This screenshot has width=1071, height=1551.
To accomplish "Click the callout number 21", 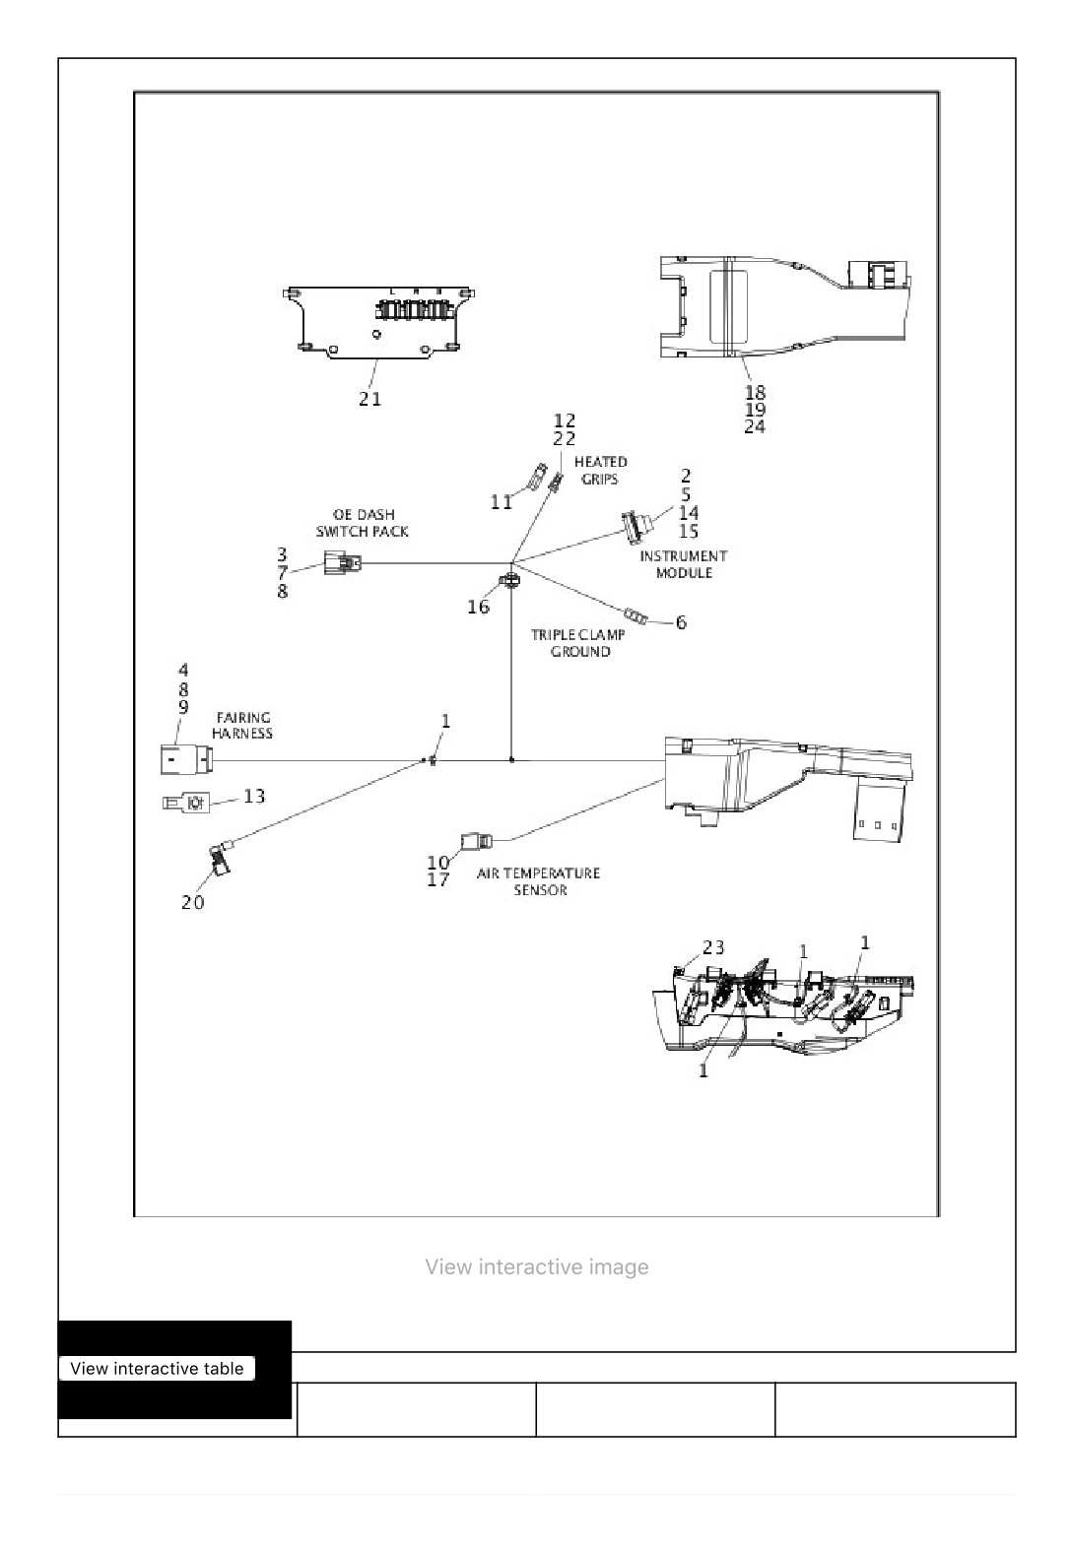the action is (369, 399).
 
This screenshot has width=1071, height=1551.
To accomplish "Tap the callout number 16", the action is (478, 608).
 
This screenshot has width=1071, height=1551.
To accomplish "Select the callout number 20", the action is (192, 902).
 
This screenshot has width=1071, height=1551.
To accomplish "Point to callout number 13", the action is (254, 797).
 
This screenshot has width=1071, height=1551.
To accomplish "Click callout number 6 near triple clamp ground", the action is (681, 622).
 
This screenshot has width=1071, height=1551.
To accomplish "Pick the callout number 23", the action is (713, 947).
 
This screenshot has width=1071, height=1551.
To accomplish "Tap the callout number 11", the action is (502, 502).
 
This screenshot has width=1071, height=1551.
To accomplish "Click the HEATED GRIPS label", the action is (601, 470).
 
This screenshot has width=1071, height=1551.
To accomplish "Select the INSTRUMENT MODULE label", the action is (683, 564).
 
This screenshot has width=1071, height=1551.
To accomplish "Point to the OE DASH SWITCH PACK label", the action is (363, 523).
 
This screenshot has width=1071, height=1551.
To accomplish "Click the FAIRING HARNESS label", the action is (242, 725).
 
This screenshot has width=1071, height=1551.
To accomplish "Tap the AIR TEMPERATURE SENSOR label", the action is (539, 881).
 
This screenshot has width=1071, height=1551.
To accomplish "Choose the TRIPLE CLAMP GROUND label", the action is (579, 642).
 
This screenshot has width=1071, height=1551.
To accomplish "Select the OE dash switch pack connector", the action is (342, 563).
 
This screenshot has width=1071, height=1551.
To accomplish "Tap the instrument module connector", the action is (633, 526).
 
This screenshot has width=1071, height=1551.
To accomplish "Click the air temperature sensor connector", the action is (477, 841).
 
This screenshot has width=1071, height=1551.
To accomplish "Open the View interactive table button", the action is (158, 1368).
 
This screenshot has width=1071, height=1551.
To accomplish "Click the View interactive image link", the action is (537, 1266).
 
